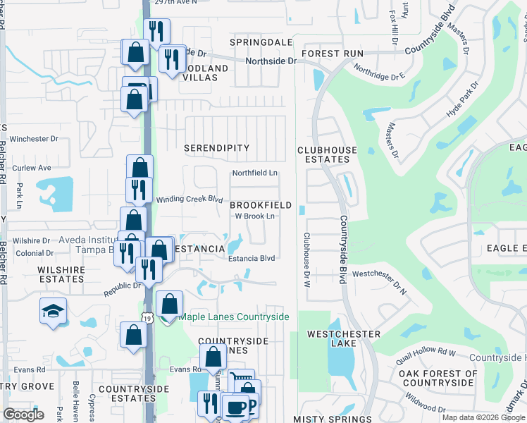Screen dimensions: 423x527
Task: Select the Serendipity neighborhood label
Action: (217, 148)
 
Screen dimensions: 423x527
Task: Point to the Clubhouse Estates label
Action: (327, 154)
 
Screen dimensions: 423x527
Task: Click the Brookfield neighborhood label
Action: (261, 204)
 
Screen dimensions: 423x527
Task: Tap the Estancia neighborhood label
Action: (199, 249)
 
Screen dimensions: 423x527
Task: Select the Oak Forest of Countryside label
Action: (438, 378)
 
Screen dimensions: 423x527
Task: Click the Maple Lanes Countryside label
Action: (233, 317)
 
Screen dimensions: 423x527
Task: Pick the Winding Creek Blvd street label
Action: (189, 199)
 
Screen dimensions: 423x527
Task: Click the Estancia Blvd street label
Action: (252, 259)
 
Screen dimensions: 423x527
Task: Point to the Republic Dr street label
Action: (121, 289)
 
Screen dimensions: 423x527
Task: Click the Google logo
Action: (24, 415)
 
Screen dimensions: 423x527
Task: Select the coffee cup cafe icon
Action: (237, 408)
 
